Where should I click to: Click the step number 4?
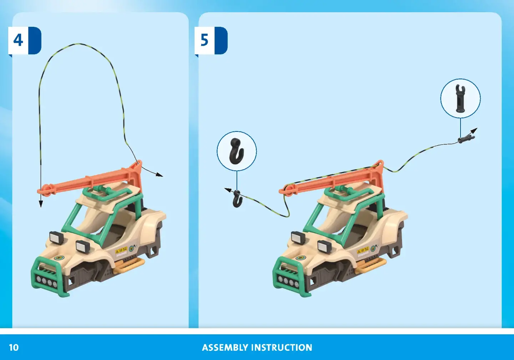pos(18,40)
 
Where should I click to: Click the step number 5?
pos(204,40)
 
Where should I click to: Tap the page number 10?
pos(14,347)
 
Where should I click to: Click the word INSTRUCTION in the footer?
pos(282,347)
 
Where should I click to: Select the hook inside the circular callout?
pos(237,151)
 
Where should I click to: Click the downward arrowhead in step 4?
pos(41,204)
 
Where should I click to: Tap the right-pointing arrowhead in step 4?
pos(160,175)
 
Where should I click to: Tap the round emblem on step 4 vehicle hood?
pos(58,258)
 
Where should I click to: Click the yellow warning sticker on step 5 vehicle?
pos(363,250)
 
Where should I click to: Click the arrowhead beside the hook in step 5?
pos(228,190)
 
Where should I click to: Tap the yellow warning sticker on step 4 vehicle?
pos(121,250)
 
